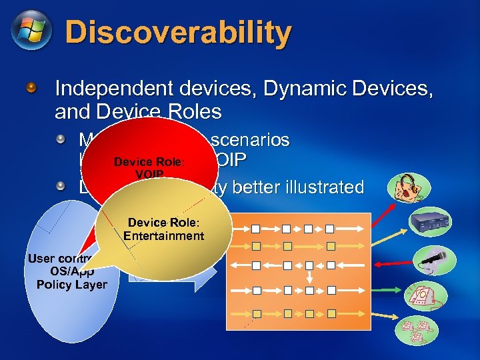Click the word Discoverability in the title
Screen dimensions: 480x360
click(178, 32)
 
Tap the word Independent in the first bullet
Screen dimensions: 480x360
click(109, 88)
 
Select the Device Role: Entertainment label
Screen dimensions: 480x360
click(163, 229)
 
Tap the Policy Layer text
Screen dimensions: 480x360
click(71, 285)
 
